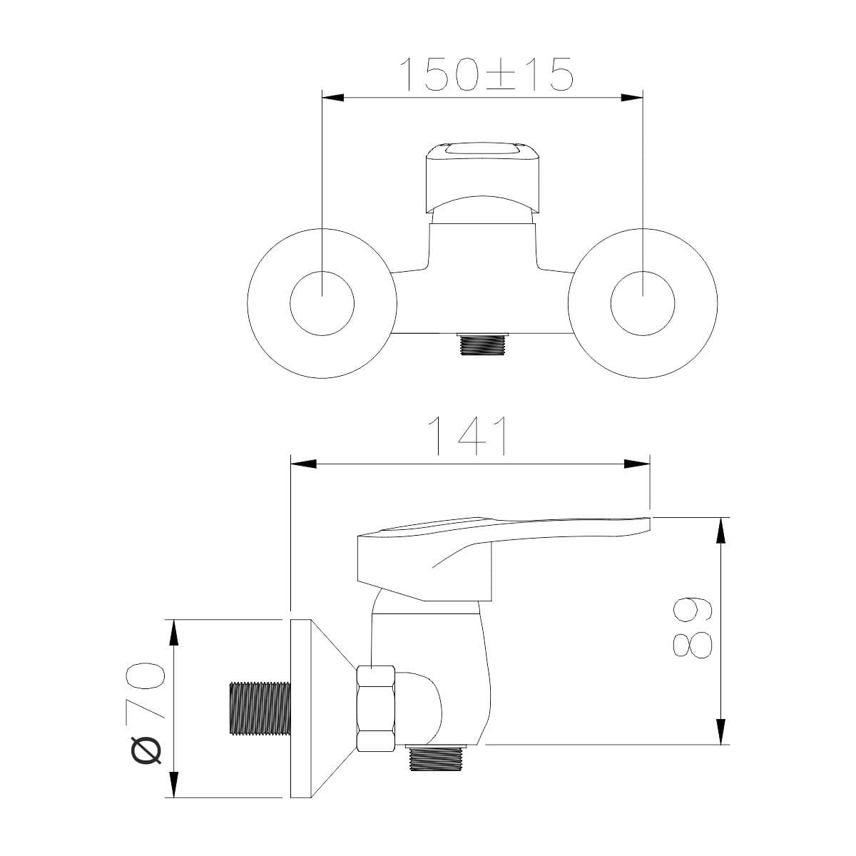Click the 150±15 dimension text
[486, 74]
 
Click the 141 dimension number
[468, 436]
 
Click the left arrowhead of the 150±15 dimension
[332, 98]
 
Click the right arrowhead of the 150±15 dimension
[632, 98]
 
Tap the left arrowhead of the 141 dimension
[303, 464]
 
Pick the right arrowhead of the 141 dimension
[637, 464]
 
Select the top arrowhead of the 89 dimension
[720, 530]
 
